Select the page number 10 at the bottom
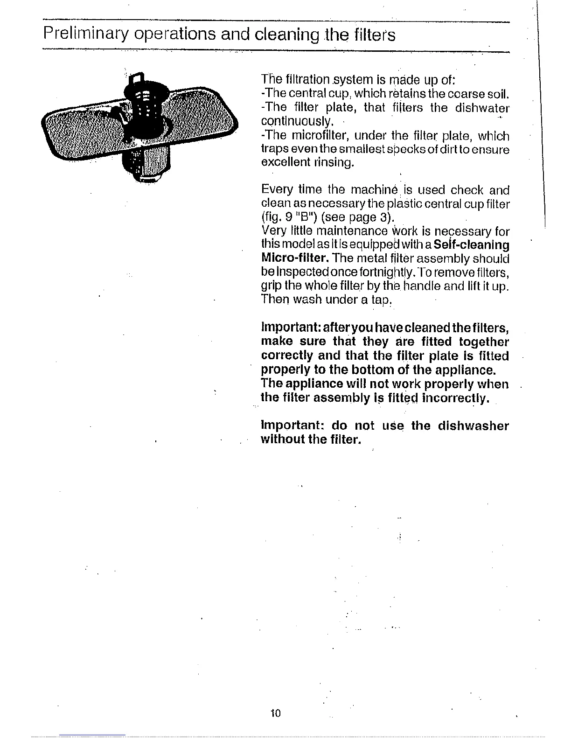click(x=276, y=713)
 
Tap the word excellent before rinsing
click(x=285, y=162)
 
